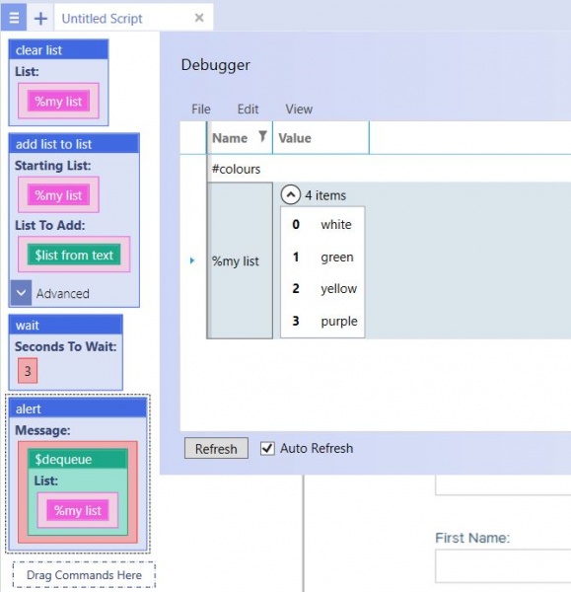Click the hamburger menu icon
[14, 18]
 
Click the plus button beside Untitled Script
[40, 18]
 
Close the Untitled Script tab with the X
[199, 18]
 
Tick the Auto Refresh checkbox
[267, 448]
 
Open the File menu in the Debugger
[201, 110]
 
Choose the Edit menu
[248, 110]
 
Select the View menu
[299, 110]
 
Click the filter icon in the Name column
[262, 136]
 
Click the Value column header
[295, 138]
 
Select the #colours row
[237, 169]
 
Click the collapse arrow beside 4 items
[291, 194]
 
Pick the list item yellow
[338, 288]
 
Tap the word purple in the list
[339, 322]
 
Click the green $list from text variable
[74, 255]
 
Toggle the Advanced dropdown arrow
[21, 293]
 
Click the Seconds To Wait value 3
[28, 371]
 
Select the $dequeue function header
[78, 459]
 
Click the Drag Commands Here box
[84, 574]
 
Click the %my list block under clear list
[58, 102]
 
